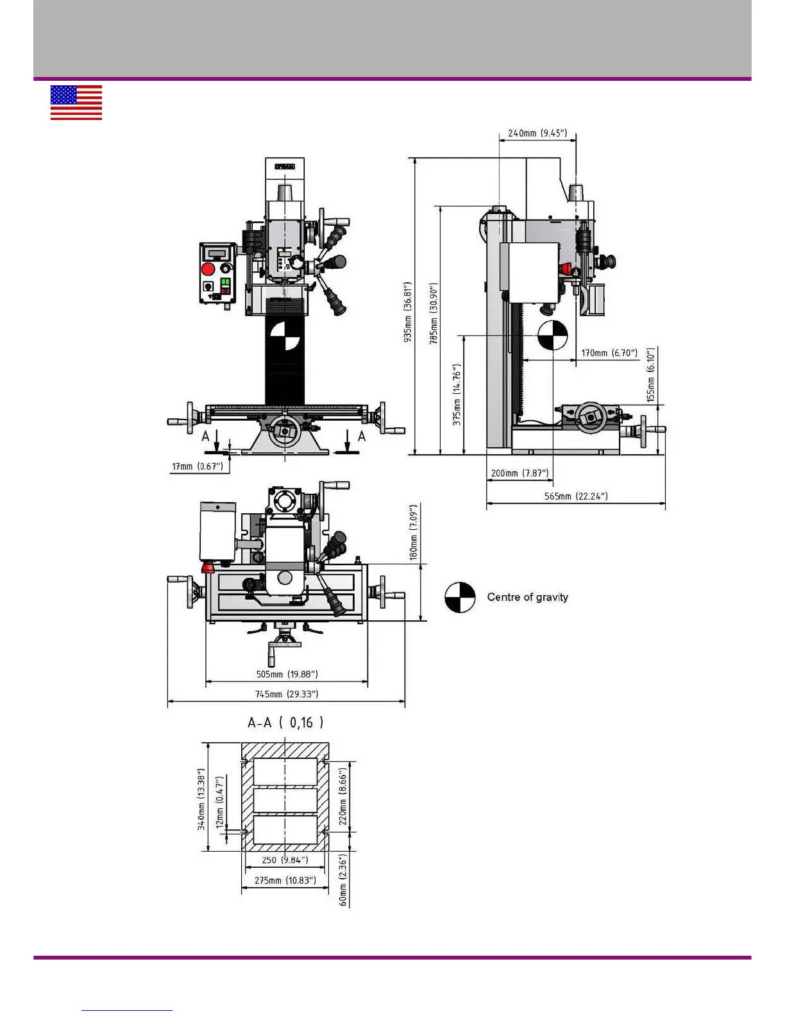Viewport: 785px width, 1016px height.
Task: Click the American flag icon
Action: (x=76, y=103)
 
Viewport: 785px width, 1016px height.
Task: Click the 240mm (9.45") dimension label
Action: (x=537, y=133)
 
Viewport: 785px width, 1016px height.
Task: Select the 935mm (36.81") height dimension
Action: (x=408, y=312)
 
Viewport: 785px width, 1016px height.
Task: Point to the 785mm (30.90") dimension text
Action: (x=434, y=314)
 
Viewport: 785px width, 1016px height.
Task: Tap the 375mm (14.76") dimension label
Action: (x=457, y=394)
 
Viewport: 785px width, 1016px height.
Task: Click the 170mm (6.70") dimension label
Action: (x=609, y=353)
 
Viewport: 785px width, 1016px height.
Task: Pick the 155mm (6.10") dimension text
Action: (x=651, y=375)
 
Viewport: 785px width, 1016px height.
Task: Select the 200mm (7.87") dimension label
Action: (x=520, y=473)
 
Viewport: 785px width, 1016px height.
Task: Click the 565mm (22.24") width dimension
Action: (x=576, y=496)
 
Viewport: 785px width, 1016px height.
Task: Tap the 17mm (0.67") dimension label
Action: (x=198, y=466)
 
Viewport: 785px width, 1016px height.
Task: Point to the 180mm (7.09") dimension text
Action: (x=414, y=532)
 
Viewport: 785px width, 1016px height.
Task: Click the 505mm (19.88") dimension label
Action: (x=287, y=674)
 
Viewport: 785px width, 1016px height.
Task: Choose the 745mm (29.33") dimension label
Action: (x=287, y=694)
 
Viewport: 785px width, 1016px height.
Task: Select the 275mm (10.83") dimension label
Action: (x=285, y=880)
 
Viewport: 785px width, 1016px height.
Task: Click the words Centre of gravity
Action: (x=527, y=597)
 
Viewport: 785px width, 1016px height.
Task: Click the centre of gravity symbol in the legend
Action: (x=460, y=598)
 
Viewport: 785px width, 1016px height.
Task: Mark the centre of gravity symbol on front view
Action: (x=285, y=336)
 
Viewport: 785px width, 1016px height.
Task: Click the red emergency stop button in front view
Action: (x=208, y=269)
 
